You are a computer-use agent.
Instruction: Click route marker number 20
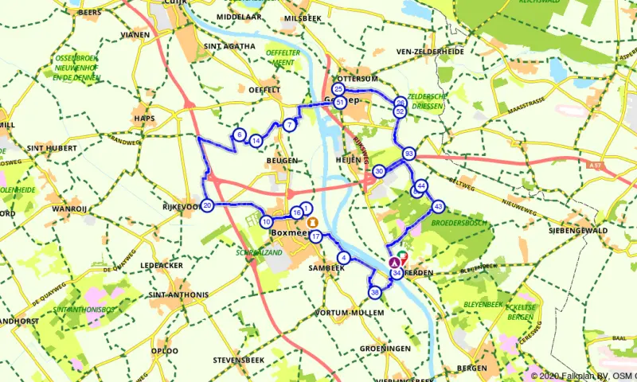(x=207, y=205)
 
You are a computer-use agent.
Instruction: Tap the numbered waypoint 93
(x=408, y=154)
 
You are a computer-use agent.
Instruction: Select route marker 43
(x=438, y=206)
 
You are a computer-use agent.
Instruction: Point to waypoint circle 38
(x=374, y=293)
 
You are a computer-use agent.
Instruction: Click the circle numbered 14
(x=256, y=141)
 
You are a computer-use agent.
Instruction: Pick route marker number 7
(x=289, y=125)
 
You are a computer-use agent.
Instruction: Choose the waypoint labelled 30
(x=379, y=171)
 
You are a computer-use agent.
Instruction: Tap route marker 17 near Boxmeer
(x=316, y=236)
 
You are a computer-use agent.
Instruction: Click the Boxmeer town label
(x=289, y=232)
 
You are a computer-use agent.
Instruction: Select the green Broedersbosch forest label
(x=459, y=223)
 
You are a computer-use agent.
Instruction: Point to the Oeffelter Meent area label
(x=283, y=57)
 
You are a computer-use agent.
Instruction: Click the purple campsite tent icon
(x=393, y=261)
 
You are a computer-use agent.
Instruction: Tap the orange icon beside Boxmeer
(x=313, y=222)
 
